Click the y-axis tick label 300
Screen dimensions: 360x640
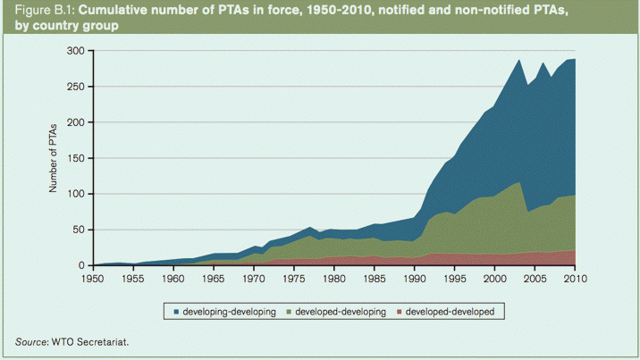click(76, 51)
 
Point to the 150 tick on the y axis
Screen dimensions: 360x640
click(76, 158)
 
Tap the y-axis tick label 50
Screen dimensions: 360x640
click(79, 230)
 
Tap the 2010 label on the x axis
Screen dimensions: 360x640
click(575, 279)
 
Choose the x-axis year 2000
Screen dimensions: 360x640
click(494, 279)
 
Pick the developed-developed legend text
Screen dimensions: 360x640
click(455, 311)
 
